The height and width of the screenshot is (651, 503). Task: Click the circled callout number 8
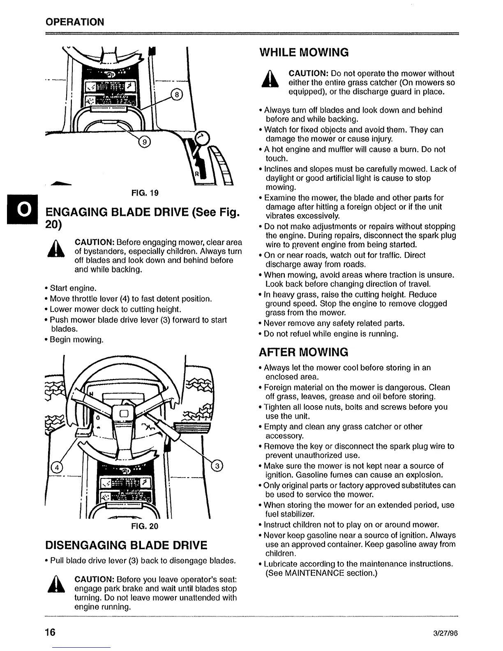coord(176,95)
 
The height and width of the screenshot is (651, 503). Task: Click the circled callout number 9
coord(145,142)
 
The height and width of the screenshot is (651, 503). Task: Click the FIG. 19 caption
coord(145,193)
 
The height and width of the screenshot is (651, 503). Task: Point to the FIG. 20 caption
coord(145,526)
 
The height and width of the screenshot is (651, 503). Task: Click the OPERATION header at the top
coord(75,22)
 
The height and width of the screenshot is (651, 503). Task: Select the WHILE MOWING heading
coord(304,53)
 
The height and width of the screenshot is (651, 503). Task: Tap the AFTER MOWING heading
coord(304,352)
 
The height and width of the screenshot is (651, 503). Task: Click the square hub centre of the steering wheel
coord(125,413)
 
